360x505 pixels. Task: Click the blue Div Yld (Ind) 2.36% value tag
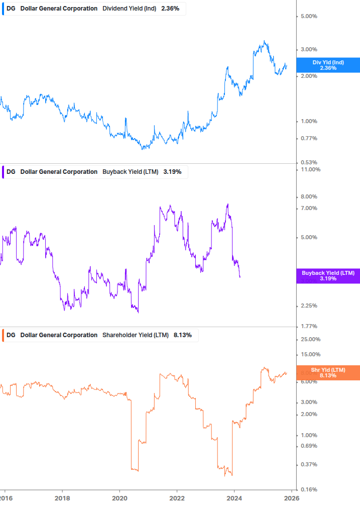click(328, 65)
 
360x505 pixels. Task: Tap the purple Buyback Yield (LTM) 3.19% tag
click(328, 275)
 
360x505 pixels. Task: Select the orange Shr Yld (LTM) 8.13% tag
click(328, 372)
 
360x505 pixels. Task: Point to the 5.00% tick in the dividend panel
click(309, 16)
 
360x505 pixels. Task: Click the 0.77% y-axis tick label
click(309, 139)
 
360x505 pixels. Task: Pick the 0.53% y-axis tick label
click(309, 162)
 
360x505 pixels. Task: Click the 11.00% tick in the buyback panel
click(310, 170)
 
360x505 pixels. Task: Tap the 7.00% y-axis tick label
click(309, 209)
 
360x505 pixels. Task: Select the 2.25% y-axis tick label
click(309, 306)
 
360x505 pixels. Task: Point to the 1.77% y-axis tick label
click(309, 327)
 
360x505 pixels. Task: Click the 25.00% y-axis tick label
click(310, 340)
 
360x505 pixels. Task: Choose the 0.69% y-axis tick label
click(309, 446)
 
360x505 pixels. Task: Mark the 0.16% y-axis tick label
click(309, 489)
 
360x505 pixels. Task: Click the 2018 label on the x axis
click(62, 498)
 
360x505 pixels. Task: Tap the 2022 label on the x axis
click(177, 498)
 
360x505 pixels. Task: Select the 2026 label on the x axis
click(292, 498)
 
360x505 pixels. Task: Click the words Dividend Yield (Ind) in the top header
click(129, 9)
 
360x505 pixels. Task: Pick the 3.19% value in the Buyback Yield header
click(172, 172)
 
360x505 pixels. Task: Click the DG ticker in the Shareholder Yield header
click(11, 335)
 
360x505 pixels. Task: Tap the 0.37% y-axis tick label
click(309, 465)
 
